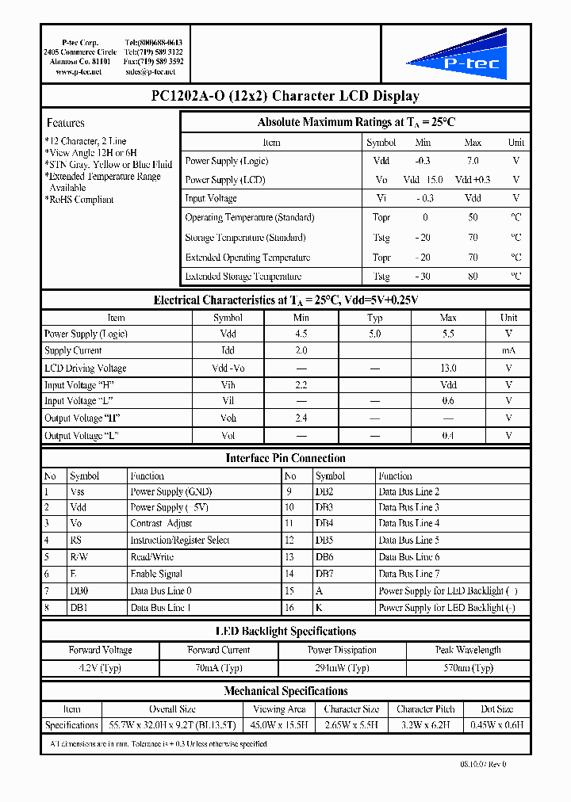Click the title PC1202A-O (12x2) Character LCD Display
coord(285,96)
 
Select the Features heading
coord(66,123)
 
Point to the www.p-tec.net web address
coord(79,71)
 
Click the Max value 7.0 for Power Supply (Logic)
coord(473,161)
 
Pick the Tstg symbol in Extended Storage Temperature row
coord(381,277)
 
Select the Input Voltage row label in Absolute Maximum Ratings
coord(211,198)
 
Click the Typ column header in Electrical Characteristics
coord(375,317)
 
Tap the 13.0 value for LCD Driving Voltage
coord(448,368)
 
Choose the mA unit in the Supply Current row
coord(509,350)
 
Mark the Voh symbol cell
coord(228,418)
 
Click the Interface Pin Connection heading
coord(285,458)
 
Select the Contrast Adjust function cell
coord(161,523)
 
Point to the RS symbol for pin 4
coord(76,540)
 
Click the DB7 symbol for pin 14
coord(324,573)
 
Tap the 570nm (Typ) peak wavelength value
coord(468,668)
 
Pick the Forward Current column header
coord(219,650)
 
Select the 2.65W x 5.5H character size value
coord(352,724)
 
